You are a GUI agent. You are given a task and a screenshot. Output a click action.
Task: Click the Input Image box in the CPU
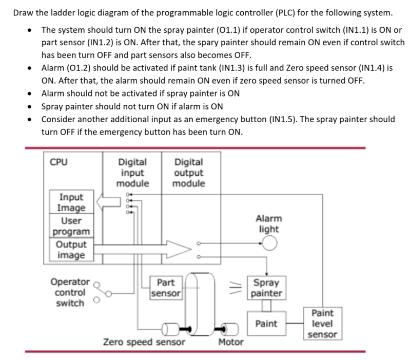[71, 202]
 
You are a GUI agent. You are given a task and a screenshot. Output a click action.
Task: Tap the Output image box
[71, 250]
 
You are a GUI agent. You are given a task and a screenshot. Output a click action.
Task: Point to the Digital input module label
[132, 172]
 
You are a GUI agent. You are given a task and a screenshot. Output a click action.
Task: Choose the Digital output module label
[188, 172]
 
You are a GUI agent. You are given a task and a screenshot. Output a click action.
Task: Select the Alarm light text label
[268, 223]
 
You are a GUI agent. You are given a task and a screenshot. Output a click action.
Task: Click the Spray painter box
[266, 288]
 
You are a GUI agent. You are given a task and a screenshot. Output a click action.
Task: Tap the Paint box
[266, 324]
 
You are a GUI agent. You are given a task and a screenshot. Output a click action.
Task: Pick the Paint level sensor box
[322, 324]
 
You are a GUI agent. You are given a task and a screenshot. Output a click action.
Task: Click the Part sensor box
[166, 288]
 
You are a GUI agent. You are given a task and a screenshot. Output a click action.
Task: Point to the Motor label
[230, 342]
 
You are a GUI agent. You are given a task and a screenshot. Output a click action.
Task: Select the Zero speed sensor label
[144, 342]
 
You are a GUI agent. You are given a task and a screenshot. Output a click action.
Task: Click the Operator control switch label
[69, 292]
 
